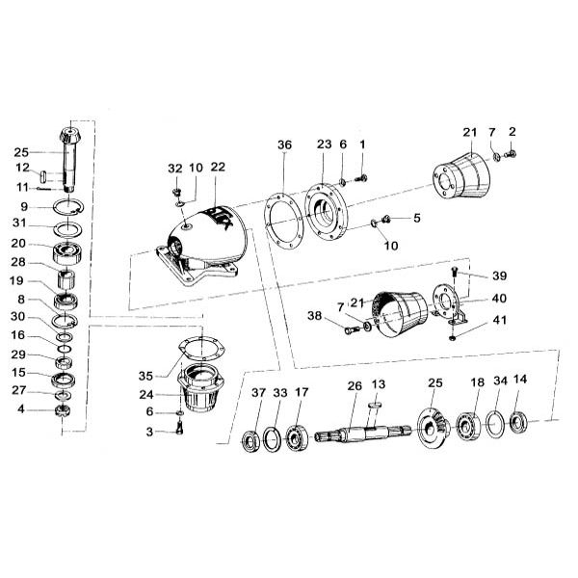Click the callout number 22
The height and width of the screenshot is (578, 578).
pyautogui.click(x=218, y=167)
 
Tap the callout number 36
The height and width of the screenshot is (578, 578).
pyautogui.click(x=284, y=144)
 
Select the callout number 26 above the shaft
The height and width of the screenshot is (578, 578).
pyautogui.click(x=355, y=386)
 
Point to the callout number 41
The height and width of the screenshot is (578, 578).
pyautogui.click(x=500, y=320)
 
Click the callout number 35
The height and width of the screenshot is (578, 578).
pyautogui.click(x=145, y=376)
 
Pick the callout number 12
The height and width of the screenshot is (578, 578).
pyautogui.click(x=22, y=168)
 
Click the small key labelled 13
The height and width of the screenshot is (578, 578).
pyautogui.click(x=376, y=406)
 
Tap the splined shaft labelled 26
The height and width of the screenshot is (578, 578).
pyautogui.click(x=363, y=433)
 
